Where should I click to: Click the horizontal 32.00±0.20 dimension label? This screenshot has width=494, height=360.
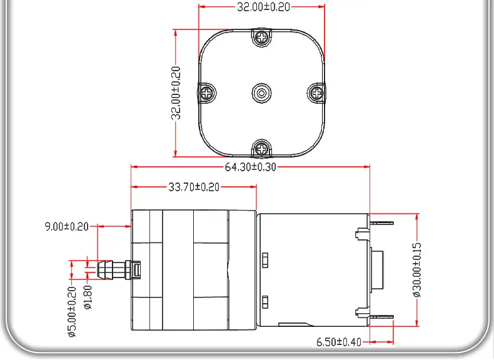click(263, 7)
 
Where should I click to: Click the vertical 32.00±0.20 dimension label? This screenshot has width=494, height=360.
click(176, 93)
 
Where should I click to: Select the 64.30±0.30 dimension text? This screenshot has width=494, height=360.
click(251, 167)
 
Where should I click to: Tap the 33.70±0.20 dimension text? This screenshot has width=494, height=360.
click(194, 187)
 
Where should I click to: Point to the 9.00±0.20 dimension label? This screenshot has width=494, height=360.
click(66, 226)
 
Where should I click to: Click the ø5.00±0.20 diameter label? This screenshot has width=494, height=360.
click(72, 312)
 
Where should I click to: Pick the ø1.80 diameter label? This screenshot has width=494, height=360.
click(88, 297)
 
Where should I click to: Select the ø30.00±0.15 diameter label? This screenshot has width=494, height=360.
click(416, 270)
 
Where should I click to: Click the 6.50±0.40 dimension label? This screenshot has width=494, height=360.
click(339, 342)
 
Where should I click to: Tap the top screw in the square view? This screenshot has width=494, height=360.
click(261, 37)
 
